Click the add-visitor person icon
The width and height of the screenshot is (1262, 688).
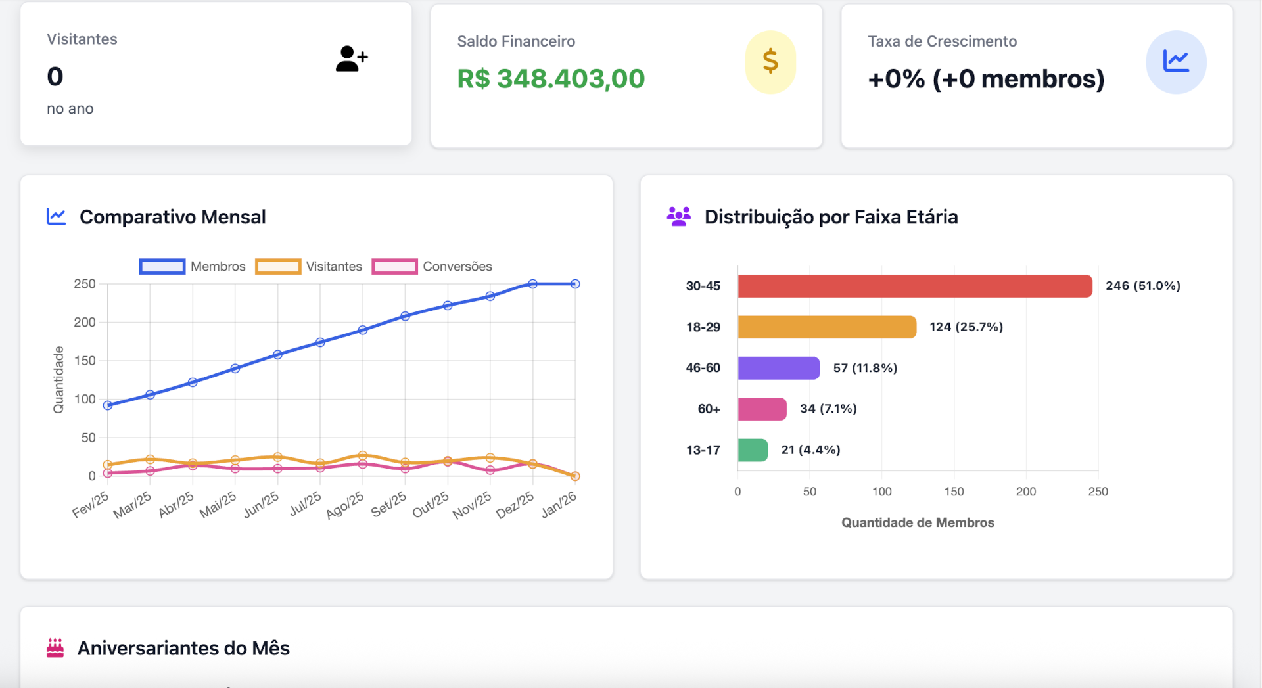tap(351, 58)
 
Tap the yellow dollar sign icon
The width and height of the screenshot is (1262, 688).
tap(770, 62)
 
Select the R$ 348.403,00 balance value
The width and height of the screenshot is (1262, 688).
tap(551, 79)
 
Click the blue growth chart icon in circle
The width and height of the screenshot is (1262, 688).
tap(1175, 62)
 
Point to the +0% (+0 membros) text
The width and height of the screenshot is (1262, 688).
tap(985, 79)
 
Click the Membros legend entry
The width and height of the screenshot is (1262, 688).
tap(193, 266)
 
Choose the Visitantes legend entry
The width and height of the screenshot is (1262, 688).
tap(309, 266)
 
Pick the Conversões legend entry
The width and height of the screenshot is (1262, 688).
tap(432, 266)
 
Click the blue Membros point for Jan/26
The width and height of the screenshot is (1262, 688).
tap(575, 284)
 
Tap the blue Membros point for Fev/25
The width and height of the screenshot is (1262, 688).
tap(108, 405)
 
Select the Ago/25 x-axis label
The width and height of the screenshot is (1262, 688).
tap(345, 505)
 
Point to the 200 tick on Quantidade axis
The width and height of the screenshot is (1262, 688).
tap(85, 322)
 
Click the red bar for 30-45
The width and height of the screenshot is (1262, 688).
tap(914, 286)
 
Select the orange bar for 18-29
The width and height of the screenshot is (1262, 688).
tap(826, 327)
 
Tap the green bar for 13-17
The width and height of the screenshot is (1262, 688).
tap(753, 450)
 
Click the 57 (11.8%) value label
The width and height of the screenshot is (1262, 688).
tap(865, 368)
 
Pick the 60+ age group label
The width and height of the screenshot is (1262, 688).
tap(709, 409)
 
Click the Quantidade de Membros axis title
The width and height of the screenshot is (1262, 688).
tap(918, 522)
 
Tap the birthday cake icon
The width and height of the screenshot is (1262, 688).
tap(55, 648)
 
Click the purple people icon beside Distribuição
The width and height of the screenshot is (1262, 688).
tap(678, 216)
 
